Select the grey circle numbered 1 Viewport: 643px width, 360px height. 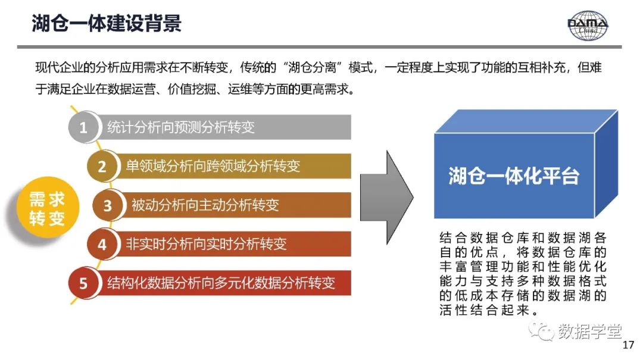83,127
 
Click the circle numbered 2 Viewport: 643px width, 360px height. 102,167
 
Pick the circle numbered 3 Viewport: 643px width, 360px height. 107,206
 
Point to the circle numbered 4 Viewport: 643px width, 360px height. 102,245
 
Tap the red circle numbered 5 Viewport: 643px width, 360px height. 83,283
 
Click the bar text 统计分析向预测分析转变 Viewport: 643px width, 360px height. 181,127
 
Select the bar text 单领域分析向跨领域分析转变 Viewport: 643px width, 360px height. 213,167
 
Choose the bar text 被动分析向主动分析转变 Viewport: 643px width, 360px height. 205,206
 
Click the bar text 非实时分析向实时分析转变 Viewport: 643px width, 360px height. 206,244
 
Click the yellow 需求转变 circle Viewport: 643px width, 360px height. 47,209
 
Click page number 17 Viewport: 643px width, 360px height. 628,346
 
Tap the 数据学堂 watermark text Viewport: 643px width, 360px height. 589,331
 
